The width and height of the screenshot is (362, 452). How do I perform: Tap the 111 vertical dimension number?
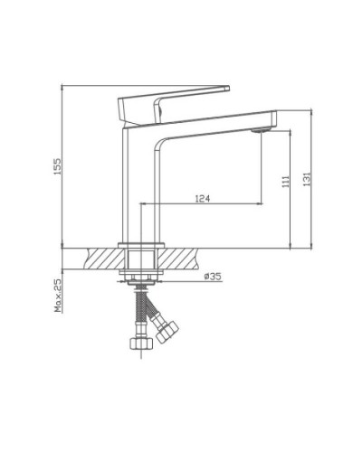pos(286,181)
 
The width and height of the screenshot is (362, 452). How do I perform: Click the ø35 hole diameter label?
pos(213,276)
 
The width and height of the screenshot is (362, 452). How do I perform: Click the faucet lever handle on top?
pos(172,100)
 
